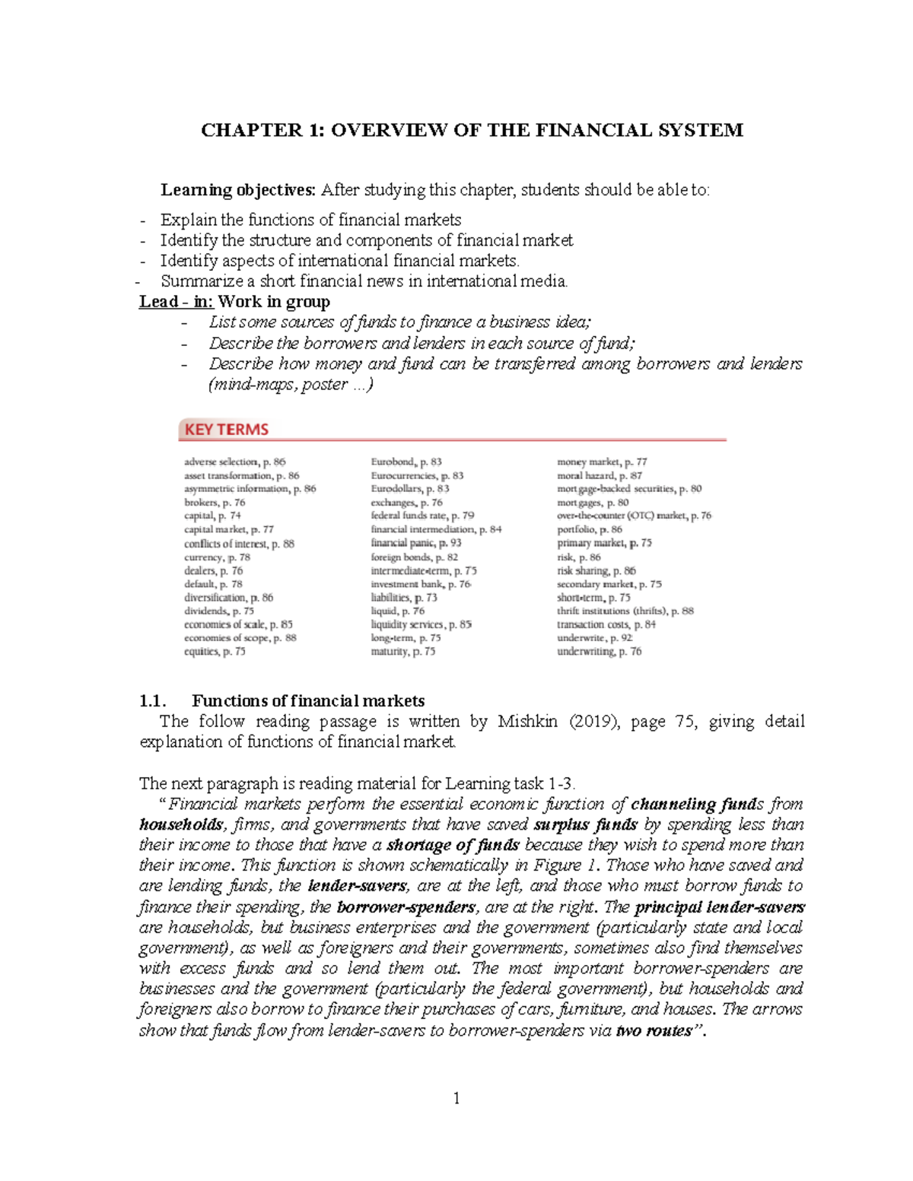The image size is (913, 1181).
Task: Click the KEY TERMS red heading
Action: coord(226,430)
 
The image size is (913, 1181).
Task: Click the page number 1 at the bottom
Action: coord(456,1097)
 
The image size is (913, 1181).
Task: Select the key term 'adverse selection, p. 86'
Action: coord(234,462)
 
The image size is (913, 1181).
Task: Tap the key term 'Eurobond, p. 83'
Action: coord(406,462)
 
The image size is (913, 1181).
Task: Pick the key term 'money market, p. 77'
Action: coord(602,462)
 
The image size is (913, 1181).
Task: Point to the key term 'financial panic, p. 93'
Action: coord(415,543)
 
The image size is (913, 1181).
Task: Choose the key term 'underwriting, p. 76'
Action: coord(599,652)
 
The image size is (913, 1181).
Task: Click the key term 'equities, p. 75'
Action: coord(215,652)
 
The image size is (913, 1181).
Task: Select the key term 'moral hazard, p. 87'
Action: coord(599,475)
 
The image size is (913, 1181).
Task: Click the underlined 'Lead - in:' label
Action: coord(177,302)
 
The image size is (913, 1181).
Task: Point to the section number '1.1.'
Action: coord(153,700)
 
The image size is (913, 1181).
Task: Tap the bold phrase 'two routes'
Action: coord(654,1031)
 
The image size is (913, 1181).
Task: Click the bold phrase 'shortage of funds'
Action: coord(453,845)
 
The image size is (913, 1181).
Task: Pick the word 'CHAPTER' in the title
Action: coord(251,130)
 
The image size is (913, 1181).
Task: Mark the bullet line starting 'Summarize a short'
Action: coord(364,281)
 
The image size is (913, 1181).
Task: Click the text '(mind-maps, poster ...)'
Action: coord(291,385)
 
